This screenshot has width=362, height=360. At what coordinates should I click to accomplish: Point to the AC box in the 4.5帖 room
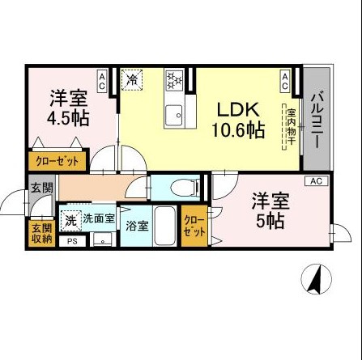click(102, 79)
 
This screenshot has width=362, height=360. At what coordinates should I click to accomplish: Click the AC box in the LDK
click(286, 79)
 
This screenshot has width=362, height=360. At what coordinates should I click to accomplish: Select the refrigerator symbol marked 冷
click(133, 79)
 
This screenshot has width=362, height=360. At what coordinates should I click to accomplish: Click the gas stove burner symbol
click(172, 79)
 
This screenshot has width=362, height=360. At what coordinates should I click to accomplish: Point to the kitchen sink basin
click(173, 116)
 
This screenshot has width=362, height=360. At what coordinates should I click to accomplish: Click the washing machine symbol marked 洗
click(70, 218)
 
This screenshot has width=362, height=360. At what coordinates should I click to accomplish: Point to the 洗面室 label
click(97, 218)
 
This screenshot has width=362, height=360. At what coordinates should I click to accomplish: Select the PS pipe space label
click(71, 240)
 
